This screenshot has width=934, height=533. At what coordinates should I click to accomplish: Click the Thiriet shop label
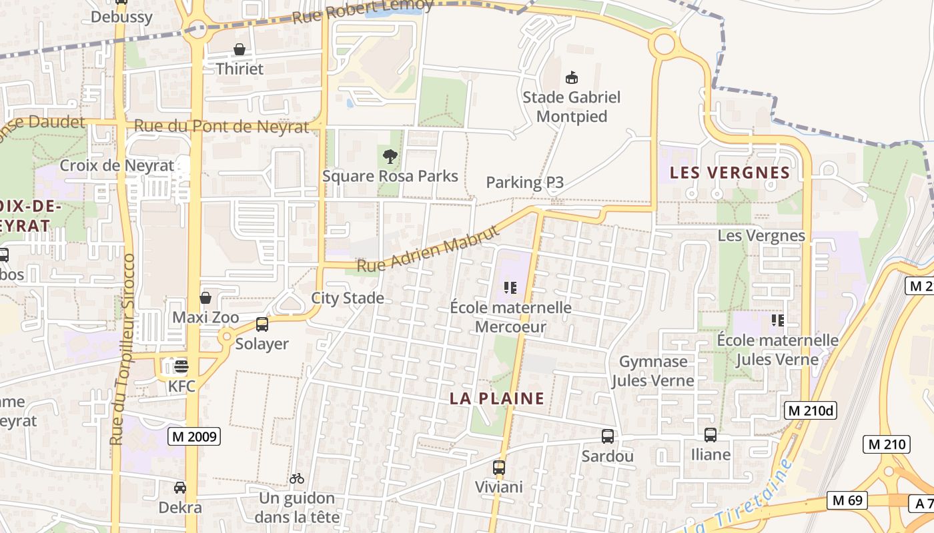click(x=240, y=69)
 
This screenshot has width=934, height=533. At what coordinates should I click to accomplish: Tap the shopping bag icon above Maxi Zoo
click(x=205, y=298)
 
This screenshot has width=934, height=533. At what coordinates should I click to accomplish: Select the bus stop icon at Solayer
click(x=262, y=324)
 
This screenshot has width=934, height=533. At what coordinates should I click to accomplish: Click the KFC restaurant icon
click(x=181, y=366)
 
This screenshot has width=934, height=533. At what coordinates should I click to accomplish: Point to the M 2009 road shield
click(x=193, y=436)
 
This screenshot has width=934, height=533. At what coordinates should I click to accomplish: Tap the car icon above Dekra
click(x=180, y=488)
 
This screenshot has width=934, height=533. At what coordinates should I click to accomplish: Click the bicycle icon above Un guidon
click(x=297, y=478)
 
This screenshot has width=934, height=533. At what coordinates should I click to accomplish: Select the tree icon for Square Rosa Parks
click(x=390, y=157)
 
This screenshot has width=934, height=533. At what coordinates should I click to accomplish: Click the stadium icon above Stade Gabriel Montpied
click(x=571, y=78)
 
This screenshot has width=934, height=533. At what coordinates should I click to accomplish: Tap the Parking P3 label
click(x=524, y=183)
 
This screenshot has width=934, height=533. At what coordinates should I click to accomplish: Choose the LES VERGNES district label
click(x=729, y=173)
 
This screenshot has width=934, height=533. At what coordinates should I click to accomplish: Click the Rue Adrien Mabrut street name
click(x=428, y=250)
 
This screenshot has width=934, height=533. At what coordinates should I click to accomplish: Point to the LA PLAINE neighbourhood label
click(x=497, y=399)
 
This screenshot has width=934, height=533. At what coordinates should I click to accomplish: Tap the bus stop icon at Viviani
click(x=499, y=468)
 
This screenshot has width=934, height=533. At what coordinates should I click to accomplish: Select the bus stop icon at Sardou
click(x=607, y=436)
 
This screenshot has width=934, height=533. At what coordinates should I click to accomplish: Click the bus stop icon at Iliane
click(x=711, y=435)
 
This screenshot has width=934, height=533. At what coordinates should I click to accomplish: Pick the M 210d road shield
click(x=810, y=410)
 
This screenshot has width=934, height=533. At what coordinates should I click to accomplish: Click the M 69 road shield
click(x=847, y=500)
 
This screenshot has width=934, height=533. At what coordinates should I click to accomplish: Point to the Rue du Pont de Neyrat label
click(x=221, y=126)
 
